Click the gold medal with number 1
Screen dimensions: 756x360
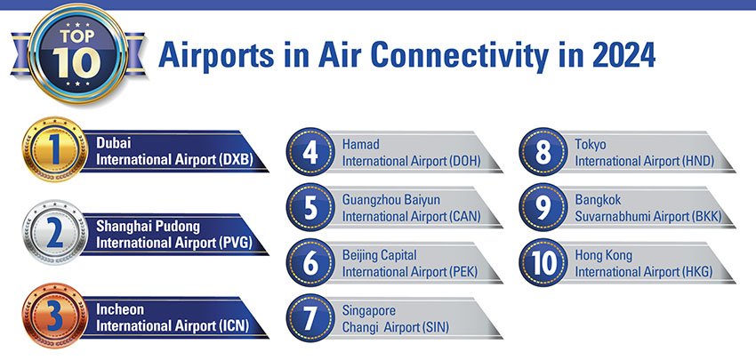coord(55,149)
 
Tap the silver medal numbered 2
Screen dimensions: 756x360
coord(55,232)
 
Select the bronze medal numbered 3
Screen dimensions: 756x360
coord(55,316)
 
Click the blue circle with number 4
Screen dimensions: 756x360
coord(310,152)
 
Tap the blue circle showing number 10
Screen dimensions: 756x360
coord(543,262)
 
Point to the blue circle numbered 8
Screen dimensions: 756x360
coord(543,152)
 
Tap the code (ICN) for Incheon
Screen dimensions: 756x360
coord(233,326)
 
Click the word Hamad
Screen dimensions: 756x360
coord(360,144)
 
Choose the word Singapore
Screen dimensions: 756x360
coord(369,311)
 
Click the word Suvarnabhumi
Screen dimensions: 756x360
coord(611,216)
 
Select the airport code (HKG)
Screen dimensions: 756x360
coord(697,272)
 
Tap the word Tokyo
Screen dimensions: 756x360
coord(591,145)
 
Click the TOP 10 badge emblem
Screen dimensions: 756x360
coord(77,53)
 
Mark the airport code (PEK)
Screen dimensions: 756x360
coord(463,272)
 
